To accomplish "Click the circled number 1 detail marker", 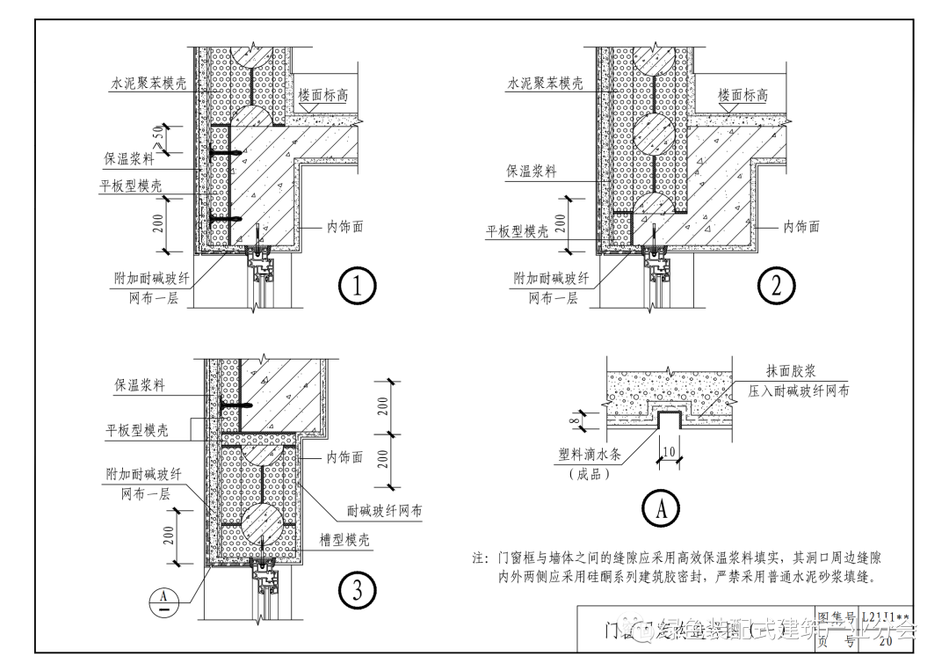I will [358, 286].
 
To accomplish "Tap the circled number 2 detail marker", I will [777, 285].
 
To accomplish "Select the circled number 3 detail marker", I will [358, 590].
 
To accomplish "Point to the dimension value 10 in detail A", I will [669, 452].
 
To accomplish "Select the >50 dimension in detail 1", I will [160, 139].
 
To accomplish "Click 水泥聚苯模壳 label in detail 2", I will [545, 84].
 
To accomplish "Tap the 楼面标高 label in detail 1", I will [323, 96].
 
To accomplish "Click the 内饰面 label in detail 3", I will [345, 457].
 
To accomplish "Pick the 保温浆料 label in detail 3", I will [140, 385].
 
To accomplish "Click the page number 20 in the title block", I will [885, 641].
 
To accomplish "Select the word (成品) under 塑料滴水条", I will [589, 475].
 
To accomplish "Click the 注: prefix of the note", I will [480, 558].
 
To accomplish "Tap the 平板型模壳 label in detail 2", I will [518, 231].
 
